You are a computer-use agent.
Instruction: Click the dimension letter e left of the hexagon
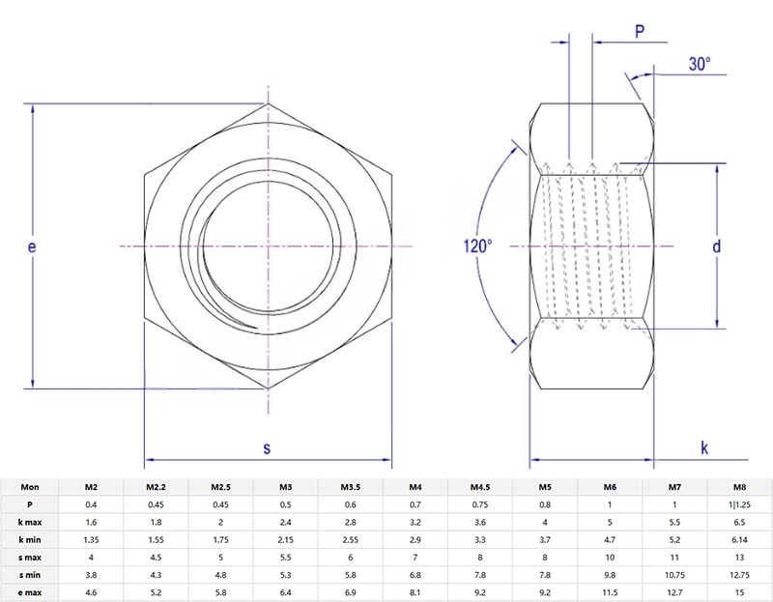click(x=32, y=247)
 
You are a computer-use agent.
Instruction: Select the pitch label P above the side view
click(x=639, y=32)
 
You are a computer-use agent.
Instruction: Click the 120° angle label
click(x=477, y=246)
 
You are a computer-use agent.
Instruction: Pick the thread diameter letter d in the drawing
click(x=716, y=246)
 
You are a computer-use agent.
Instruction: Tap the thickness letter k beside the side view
click(x=704, y=447)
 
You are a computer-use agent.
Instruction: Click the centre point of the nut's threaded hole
click(x=268, y=247)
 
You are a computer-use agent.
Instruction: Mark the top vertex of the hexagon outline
click(x=268, y=103)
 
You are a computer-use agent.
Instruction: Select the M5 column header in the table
click(x=545, y=486)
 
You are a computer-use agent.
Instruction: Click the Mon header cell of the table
click(x=30, y=486)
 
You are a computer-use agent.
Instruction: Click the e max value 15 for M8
click(x=738, y=591)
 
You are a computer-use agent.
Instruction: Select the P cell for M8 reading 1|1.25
click(x=738, y=504)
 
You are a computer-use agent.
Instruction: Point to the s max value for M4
click(x=415, y=557)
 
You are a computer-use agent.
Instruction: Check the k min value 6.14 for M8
click(x=738, y=539)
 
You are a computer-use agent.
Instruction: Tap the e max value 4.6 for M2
click(x=91, y=591)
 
